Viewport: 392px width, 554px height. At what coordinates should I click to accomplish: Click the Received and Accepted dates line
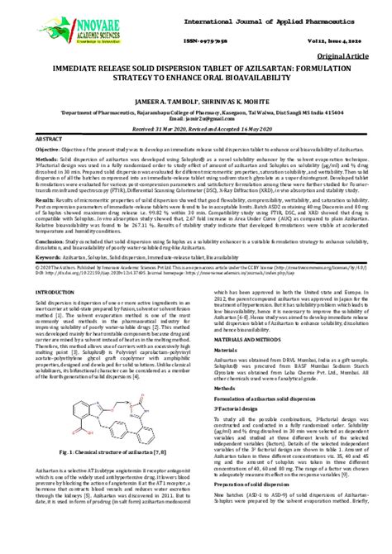click(195, 131)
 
